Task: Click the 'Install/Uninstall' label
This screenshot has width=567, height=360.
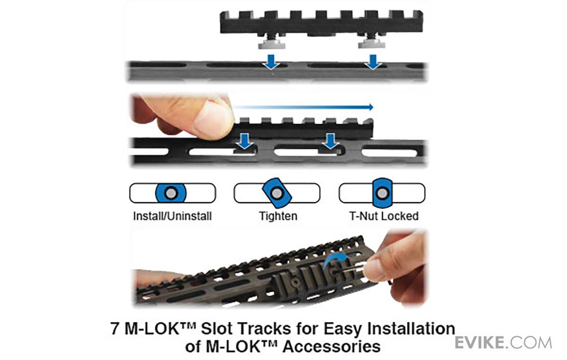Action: (x=172, y=216)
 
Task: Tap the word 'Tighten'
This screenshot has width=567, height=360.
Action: (x=278, y=216)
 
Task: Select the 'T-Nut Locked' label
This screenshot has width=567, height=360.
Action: (x=384, y=216)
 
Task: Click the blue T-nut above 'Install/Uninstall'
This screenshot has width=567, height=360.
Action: (x=171, y=193)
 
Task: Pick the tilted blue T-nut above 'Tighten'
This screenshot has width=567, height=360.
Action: (x=277, y=193)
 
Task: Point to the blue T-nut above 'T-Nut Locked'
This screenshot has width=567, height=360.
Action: (x=382, y=193)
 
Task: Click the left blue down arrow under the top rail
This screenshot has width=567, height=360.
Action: (x=271, y=62)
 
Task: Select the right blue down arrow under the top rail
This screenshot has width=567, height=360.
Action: (x=373, y=62)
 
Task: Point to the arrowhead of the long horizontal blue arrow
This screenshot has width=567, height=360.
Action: (x=371, y=107)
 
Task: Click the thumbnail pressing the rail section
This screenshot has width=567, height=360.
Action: (x=213, y=119)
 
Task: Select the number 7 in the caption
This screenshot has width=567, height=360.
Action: (x=115, y=328)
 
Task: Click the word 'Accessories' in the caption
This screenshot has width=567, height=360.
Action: (x=332, y=346)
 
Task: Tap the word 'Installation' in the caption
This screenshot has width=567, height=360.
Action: (x=411, y=328)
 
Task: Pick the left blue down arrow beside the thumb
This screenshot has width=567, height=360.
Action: (x=245, y=141)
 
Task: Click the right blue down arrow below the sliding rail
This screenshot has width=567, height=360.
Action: (x=330, y=141)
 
